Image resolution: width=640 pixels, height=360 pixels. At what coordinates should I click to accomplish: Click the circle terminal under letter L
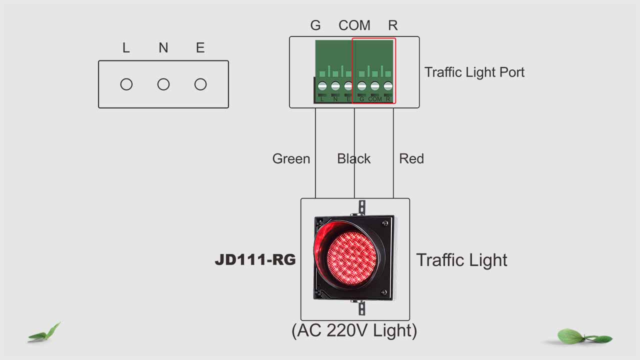pyautogui.click(x=126, y=84)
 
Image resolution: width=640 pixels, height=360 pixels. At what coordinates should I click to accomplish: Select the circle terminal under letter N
pyautogui.click(x=163, y=84)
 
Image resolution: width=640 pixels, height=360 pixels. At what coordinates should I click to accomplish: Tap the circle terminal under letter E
pyautogui.click(x=200, y=84)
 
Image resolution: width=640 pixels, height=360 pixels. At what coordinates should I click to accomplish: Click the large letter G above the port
pyautogui.click(x=315, y=25)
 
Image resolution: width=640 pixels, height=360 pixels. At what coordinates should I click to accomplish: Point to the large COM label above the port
pyautogui.click(x=354, y=25)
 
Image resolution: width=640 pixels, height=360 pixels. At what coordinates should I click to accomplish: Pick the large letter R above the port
pyautogui.click(x=393, y=25)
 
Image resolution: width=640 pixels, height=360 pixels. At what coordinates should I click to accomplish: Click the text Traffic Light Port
pyautogui.click(x=474, y=72)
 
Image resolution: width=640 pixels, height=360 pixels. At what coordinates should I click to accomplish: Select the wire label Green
pyautogui.click(x=291, y=159)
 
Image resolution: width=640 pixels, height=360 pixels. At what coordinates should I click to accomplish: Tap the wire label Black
pyautogui.click(x=353, y=158)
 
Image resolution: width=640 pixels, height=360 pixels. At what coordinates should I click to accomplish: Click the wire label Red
pyautogui.click(x=411, y=158)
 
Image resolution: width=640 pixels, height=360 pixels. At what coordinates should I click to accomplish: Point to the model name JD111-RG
pyautogui.click(x=255, y=259)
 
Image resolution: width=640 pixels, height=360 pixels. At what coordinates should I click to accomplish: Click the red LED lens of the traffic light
pyautogui.click(x=351, y=258)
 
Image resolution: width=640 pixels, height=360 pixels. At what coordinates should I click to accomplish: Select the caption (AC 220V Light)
pyautogui.click(x=354, y=330)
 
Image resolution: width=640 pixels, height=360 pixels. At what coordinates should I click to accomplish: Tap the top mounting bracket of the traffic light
pyautogui.click(x=361, y=207)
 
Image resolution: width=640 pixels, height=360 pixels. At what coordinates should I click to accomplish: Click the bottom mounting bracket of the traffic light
pyautogui.click(x=361, y=308)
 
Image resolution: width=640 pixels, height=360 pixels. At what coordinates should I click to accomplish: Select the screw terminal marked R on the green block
pyautogui.click(x=388, y=86)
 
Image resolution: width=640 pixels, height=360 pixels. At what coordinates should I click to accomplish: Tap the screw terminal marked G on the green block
pyautogui.click(x=361, y=86)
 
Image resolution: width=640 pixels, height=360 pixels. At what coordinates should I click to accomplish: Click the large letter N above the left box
pyautogui.click(x=163, y=47)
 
